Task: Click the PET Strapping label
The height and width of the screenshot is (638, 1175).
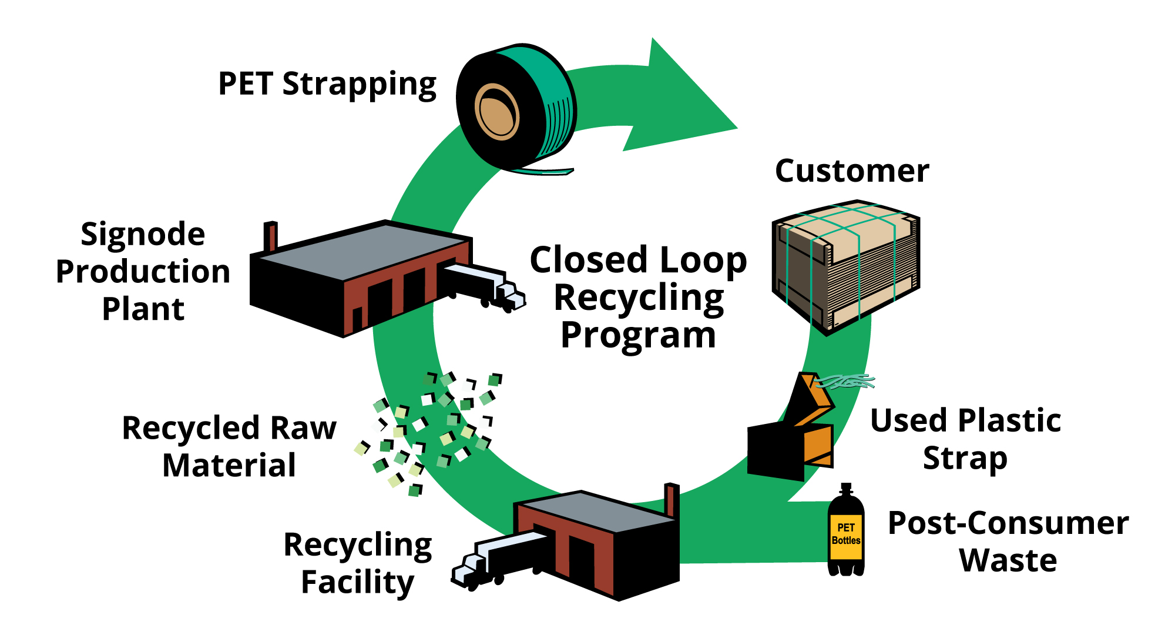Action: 327,84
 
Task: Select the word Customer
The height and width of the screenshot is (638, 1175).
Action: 852,171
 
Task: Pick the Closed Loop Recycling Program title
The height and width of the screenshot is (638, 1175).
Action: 638,297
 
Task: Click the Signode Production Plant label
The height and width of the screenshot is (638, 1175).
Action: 143,271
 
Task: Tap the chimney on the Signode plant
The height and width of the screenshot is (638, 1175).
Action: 270,236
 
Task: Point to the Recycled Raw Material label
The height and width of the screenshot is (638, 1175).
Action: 229,446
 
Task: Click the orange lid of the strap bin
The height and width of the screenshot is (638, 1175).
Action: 814,400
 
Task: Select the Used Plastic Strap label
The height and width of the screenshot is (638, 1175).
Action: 965,439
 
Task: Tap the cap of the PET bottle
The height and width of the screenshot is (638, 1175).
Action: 846,489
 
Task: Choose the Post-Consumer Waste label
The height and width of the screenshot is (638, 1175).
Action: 1008,541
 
